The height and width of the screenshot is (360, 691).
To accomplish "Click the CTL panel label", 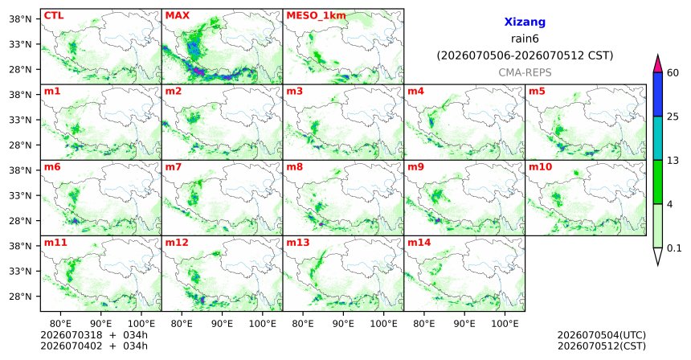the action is coord(54,16).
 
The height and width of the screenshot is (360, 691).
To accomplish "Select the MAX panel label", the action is coord(177,16).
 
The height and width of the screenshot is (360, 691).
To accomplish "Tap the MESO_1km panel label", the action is coord(316,16).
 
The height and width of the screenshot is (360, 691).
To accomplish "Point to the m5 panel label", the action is coord(537,92).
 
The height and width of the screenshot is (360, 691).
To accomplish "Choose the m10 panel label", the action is coord(540,167).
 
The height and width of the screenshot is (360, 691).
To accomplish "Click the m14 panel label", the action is coord(419,243).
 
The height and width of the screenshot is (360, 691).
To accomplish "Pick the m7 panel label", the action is coord(174,167).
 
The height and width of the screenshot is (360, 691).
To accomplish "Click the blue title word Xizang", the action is coord(525,22).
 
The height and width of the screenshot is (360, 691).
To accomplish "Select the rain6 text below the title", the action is coord(525,39).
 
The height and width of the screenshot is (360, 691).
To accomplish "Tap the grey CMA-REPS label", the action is coord(525,72).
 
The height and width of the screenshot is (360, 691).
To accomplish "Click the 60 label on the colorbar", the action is coord(673,72).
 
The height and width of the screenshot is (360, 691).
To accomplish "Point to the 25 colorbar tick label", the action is coord(673,117).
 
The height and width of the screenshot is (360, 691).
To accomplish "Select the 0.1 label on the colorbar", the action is coord(674,248).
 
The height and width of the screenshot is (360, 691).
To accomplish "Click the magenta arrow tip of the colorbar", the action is coord(658,55).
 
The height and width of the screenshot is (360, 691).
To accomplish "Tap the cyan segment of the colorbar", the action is coord(658,138).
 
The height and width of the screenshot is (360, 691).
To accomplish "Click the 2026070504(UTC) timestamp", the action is coord(602,336).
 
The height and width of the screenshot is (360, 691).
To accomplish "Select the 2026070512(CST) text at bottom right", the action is coord(602,346).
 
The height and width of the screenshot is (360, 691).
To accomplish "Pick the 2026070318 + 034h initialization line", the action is coord(94,335).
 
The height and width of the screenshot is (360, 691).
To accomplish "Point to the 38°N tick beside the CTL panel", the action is coord(20,19).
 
